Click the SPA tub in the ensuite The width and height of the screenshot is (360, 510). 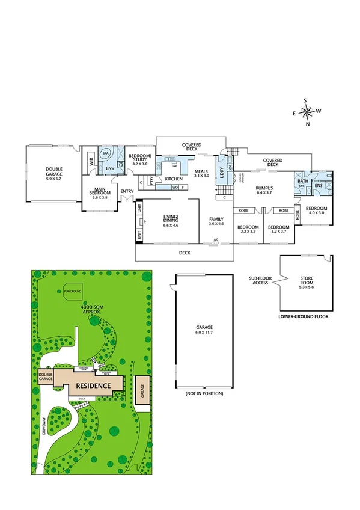point(106,153)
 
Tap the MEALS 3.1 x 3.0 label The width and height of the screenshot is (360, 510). point(201,173)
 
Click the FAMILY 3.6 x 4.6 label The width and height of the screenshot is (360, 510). point(216,221)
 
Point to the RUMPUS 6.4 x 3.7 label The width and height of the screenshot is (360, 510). point(264,191)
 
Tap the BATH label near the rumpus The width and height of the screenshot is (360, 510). point(302,180)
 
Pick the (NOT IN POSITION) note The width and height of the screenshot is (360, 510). point(201,393)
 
